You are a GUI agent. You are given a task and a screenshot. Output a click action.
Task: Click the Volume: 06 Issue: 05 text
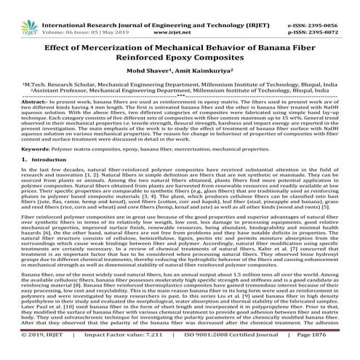point(76,14)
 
